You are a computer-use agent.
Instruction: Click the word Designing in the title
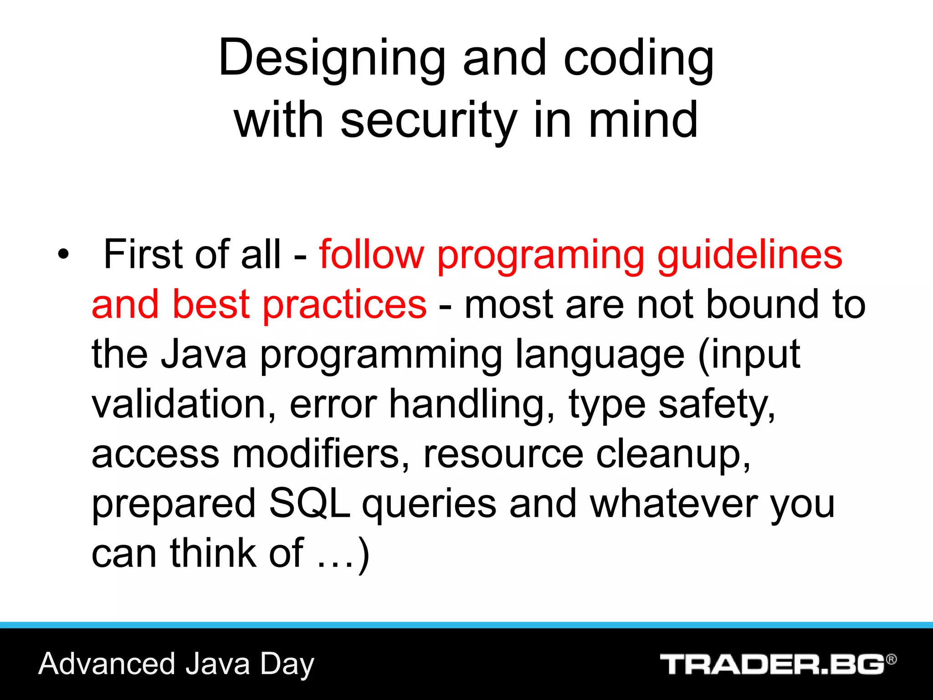(331, 59)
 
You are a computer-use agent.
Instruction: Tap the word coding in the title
(638, 59)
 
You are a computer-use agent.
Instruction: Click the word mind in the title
(643, 121)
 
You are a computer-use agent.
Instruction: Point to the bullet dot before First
(63, 254)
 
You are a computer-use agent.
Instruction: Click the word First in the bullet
(145, 254)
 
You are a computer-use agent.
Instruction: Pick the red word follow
(371, 254)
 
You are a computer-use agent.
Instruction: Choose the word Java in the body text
(204, 354)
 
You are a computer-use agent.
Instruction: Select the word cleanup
(672, 455)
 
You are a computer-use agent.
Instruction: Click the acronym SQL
(309, 504)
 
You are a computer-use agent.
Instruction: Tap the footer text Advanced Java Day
(176, 664)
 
